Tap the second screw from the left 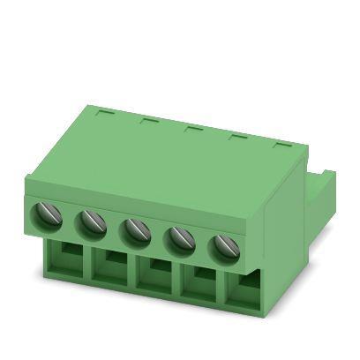[91, 224]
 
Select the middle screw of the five [135, 232]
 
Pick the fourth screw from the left [179, 239]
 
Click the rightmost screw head [221, 248]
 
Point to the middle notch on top [191, 129]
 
